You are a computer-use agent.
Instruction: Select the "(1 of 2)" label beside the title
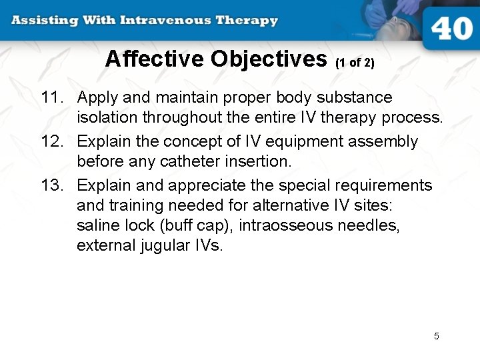pyautogui.click(x=355, y=63)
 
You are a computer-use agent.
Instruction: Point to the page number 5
pyautogui.click(x=437, y=336)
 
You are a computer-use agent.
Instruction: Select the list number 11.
pyautogui.click(x=51, y=97)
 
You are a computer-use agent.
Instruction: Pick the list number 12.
pyautogui.click(x=51, y=141)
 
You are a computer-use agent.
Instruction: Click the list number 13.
pyautogui.click(x=51, y=185)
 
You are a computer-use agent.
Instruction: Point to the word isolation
pyautogui.click(x=105, y=118)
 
